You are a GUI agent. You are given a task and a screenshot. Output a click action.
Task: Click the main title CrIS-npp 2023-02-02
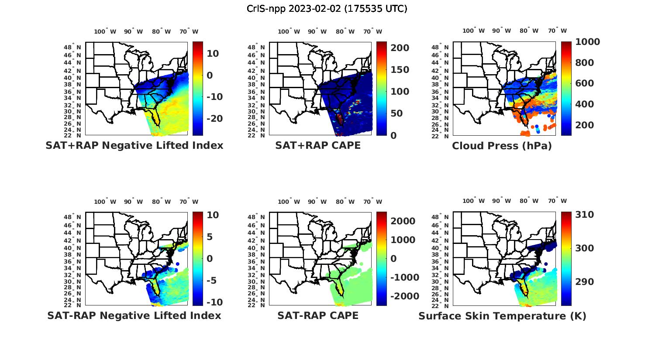pos(327,9)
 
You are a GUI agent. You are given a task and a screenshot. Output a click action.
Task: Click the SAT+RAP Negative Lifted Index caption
pos(134,145)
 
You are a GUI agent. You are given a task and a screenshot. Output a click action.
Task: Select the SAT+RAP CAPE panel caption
pos(318,145)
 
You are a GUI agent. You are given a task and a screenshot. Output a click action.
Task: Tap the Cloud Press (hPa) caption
pos(502,146)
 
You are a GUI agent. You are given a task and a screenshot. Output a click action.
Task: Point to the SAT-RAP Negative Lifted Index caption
pos(134,315)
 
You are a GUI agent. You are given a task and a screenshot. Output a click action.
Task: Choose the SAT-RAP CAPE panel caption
pos(318,315)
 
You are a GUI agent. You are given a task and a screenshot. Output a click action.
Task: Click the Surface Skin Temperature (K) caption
pos(502,316)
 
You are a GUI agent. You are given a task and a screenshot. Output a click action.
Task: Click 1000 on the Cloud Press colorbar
pos(587,42)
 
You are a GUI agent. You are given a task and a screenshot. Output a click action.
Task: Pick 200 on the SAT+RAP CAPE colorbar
pos(400,48)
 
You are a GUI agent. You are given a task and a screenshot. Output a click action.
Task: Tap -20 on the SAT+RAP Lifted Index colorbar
pos(215,119)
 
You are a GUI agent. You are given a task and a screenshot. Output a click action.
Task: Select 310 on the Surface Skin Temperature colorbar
pos(584,215)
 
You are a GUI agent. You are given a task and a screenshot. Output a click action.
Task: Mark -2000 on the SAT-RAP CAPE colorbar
pos(404,296)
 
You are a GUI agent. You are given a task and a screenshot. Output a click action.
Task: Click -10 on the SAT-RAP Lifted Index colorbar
pos(215,302)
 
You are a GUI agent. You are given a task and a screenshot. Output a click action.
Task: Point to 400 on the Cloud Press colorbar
pos(584,104)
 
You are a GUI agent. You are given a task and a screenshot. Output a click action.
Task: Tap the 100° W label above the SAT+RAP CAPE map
pos(289,31)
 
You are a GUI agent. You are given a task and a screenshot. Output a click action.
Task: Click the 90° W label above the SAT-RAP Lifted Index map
pos(133,202)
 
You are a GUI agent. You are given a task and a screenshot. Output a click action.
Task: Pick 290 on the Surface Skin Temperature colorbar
pos(584,282)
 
